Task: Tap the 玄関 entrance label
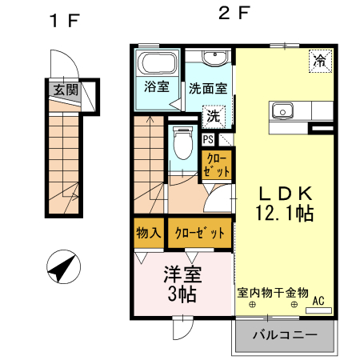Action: [66, 90]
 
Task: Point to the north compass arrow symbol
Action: [62, 266]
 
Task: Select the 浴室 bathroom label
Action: [156, 86]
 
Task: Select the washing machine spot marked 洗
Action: [214, 116]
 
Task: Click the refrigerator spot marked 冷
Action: [319, 60]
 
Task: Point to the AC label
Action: [318, 301]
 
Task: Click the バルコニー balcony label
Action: [285, 334]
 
